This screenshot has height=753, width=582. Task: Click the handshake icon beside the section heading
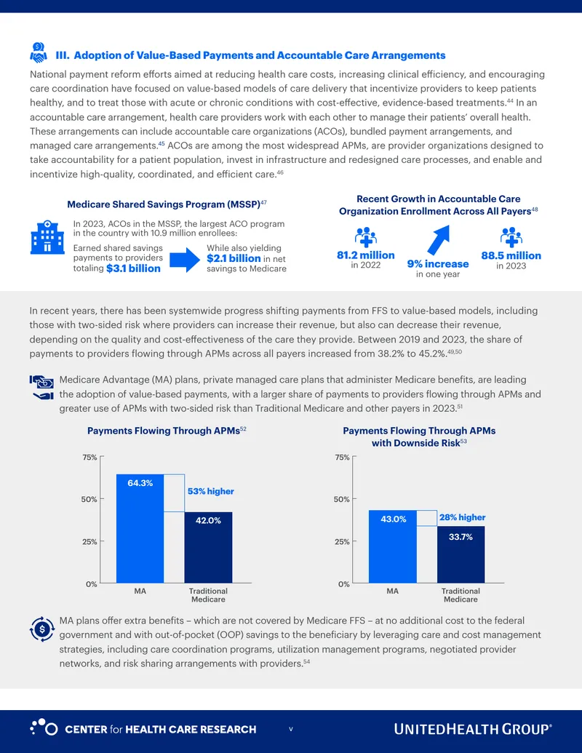pos(39,52)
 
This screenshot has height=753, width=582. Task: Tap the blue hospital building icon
pos(47,237)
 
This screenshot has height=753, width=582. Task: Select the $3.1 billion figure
pos(133,268)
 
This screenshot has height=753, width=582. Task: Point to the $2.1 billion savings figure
pos(234,258)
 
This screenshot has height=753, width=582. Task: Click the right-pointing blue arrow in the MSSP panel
pos(184,259)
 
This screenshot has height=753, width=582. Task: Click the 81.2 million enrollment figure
pos(365,255)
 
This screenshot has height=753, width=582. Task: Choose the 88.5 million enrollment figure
pos(511,255)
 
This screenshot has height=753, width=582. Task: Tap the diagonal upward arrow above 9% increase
pos(439,239)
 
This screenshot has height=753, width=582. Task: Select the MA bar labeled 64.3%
pos(140,529)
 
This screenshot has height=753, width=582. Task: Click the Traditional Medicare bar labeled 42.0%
pos(208,547)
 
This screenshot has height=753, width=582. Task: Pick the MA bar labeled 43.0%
pos(393,546)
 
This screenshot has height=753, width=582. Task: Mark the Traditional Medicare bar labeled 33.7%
pos(461,554)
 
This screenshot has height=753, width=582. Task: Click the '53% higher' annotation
pos(211,491)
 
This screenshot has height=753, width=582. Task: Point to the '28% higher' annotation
pos(463,517)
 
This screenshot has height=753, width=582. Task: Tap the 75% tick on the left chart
pos(89,457)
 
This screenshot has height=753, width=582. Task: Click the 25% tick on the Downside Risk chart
pos(343,542)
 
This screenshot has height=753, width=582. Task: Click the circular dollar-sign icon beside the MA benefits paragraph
pos(41,629)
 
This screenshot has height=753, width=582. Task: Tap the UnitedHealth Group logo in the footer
pos(473,729)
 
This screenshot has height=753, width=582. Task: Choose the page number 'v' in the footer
pos(290,729)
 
